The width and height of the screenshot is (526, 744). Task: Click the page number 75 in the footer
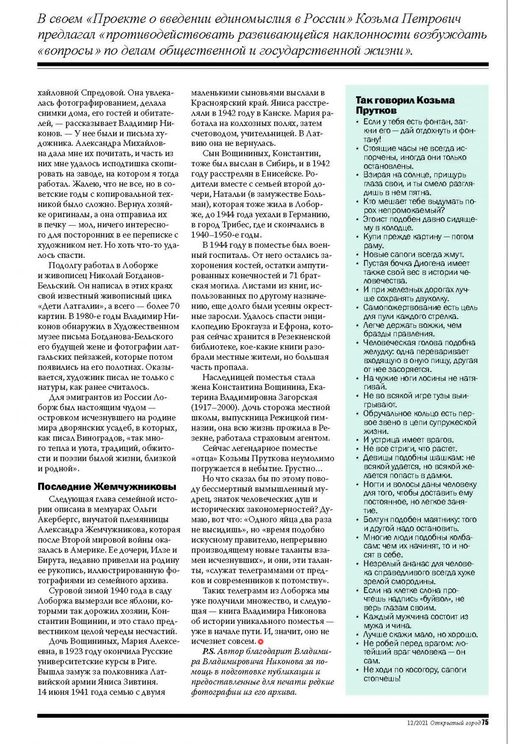pyautogui.click(x=485, y=722)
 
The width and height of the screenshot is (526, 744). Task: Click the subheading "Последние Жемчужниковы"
pyautogui.click(x=107, y=487)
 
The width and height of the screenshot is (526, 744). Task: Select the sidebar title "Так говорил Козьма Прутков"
pyautogui.click(x=405, y=105)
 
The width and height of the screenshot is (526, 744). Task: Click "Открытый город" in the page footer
pyautogui.click(x=455, y=723)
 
